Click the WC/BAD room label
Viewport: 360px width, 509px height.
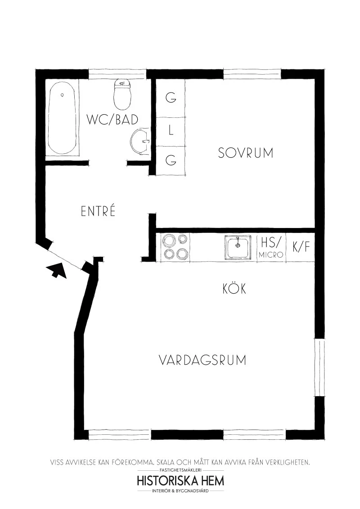click(112, 120)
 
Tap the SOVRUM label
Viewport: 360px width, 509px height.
click(246, 153)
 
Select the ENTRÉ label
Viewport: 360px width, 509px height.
click(98, 211)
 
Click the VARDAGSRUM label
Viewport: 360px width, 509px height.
click(202, 360)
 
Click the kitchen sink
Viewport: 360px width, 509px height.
click(238, 248)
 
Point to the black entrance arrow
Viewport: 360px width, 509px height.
click(57, 270)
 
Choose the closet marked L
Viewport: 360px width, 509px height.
click(171, 132)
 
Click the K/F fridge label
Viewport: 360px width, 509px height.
click(301, 247)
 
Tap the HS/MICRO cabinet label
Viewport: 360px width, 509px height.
click(271, 248)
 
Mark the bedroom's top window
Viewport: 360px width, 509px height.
click(252, 74)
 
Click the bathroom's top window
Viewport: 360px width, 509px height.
click(117, 74)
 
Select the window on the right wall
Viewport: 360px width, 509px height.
click(320, 367)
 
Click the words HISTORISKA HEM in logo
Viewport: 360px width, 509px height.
click(180, 481)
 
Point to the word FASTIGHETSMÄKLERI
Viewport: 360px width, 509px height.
click(180, 470)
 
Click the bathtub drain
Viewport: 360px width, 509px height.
click(62, 95)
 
